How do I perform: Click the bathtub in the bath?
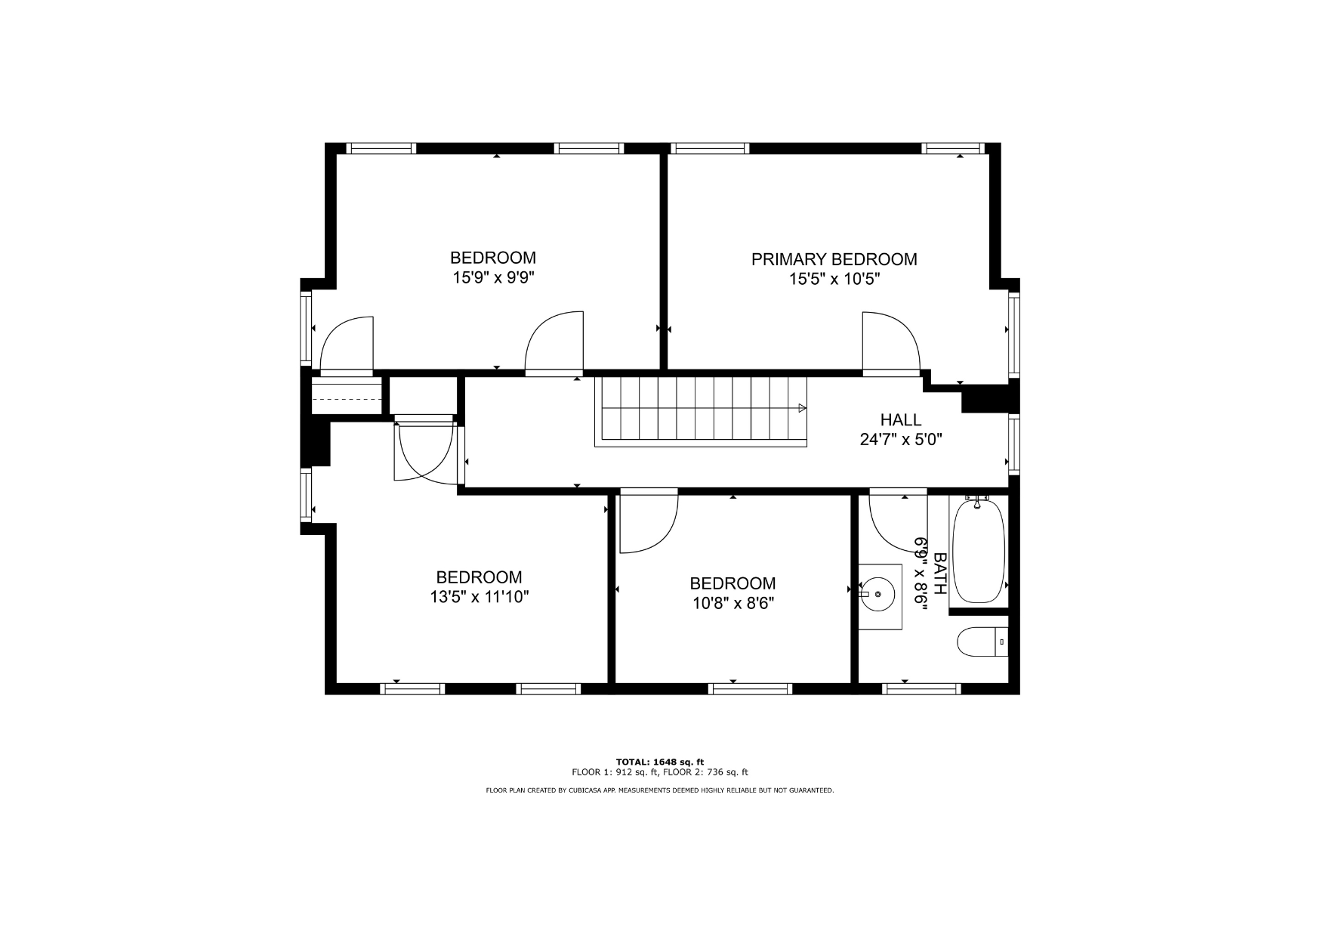979,551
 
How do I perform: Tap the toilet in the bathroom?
982,643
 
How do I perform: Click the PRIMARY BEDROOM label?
834,259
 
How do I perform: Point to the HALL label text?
901,420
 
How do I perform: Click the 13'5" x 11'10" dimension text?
480,597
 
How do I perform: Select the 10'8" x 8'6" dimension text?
732,603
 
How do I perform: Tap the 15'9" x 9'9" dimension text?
493,277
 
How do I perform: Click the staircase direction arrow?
802,408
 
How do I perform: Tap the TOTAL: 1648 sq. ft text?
659,762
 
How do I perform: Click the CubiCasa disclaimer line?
659,790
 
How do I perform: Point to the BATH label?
940,574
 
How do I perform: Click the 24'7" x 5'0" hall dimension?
901,440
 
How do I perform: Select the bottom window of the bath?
921,688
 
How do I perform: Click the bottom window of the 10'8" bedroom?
751,688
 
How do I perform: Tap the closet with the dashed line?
347,397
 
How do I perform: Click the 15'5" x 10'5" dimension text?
834,279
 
